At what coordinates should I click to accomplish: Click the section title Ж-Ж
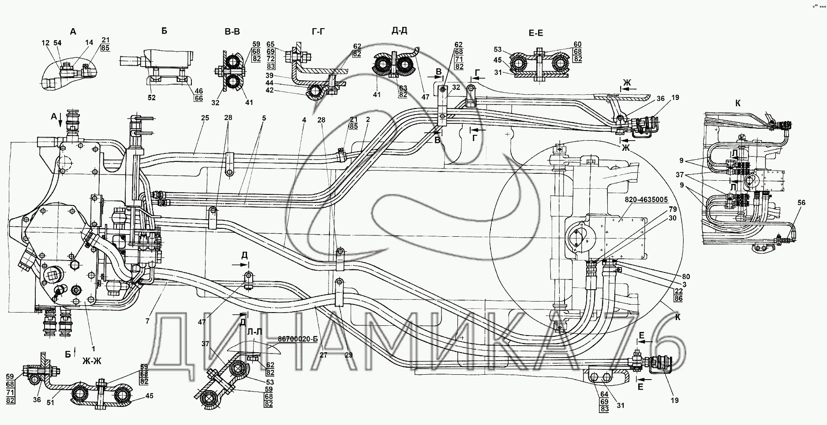pyautogui.click(x=92, y=362)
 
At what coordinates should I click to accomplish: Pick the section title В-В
pyautogui.click(x=232, y=31)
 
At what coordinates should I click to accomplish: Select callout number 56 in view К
pyautogui.click(x=801, y=203)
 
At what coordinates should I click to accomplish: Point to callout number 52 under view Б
pyautogui.click(x=152, y=98)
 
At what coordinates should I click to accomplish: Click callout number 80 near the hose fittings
pyautogui.click(x=685, y=276)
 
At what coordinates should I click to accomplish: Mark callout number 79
pyautogui.click(x=672, y=209)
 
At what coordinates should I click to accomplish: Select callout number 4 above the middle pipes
pyautogui.click(x=304, y=119)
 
